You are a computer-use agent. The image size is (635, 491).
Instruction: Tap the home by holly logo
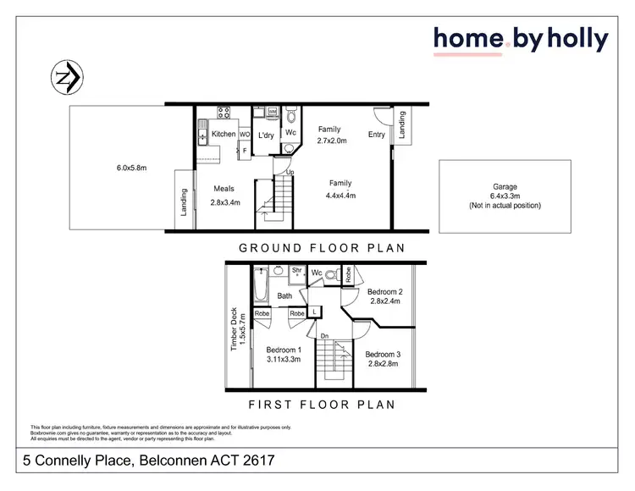point(521,39)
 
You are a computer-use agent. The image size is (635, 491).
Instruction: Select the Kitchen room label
point(224,134)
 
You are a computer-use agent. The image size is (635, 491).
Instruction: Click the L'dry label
point(265,135)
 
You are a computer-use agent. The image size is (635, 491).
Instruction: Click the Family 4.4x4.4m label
point(341,189)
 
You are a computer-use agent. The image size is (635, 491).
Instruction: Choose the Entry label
point(377,134)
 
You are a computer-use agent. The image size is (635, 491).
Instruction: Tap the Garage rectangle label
point(505,196)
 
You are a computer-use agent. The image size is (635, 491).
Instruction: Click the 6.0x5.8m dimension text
point(131,168)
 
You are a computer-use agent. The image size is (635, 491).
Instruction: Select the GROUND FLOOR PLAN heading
point(321,248)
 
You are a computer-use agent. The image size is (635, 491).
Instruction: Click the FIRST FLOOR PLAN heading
point(321,405)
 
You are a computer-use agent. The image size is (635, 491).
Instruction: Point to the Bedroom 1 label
point(284,355)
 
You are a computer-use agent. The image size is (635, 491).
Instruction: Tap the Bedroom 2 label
point(384,296)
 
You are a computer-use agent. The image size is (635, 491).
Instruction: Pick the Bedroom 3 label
point(384,359)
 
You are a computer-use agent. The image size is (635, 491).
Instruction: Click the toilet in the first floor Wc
point(331,273)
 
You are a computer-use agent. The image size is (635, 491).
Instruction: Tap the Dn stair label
point(324,336)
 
